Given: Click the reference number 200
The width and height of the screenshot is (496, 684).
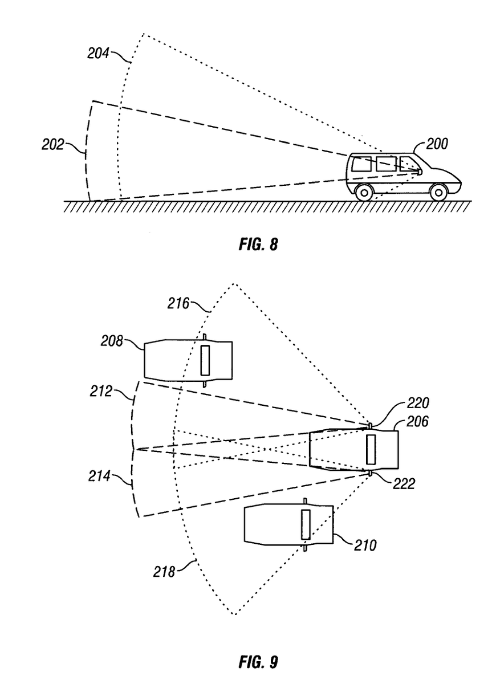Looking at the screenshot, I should pos(436,144).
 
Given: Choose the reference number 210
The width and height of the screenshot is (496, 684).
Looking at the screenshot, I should pos(364,545).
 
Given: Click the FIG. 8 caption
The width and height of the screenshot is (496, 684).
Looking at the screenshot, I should pos(258,245).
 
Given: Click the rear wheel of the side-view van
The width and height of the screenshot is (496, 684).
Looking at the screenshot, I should pos(364,193).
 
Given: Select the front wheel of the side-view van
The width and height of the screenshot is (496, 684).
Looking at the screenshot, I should pos(437,193).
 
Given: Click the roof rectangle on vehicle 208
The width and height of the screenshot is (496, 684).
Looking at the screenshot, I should pos(205,360).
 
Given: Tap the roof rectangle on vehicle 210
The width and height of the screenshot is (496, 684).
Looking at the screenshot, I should pos(306,525).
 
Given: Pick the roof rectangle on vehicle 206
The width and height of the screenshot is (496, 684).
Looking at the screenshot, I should pos(371,449).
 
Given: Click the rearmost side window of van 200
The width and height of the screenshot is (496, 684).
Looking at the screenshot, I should pos(361,164).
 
